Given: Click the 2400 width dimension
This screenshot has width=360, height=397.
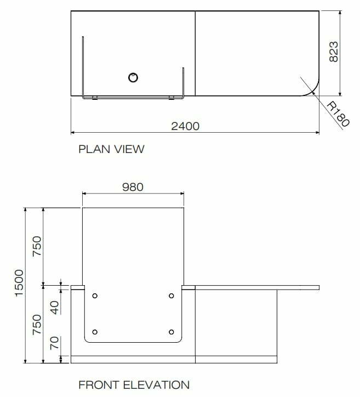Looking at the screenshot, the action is [185, 126].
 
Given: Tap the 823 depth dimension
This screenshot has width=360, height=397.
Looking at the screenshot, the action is [334, 52].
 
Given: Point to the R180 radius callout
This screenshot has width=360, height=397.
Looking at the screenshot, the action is [338, 114].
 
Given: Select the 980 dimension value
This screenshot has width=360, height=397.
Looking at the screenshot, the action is [133, 187].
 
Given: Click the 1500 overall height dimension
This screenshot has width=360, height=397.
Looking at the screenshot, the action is [19, 283].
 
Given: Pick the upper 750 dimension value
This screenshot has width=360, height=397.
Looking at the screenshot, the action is [37, 246].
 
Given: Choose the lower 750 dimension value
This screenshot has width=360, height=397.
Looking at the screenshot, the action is [37, 324].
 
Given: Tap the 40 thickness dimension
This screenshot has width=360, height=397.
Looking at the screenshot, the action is [55, 308].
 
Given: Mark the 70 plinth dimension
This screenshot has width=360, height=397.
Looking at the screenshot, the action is [55, 343].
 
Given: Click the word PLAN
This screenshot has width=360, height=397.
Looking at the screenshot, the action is [94, 149].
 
